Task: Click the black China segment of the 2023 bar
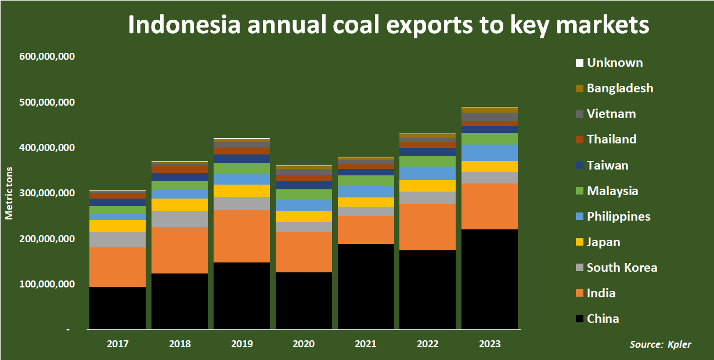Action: pos(489,279)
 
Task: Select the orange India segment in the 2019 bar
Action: pos(242,236)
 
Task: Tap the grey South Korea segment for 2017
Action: pos(117,239)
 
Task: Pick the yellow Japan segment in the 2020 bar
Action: pos(304,216)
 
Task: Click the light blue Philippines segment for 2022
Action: pos(427,173)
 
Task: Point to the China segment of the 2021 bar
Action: pos(366,286)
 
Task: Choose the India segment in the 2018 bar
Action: pos(179,250)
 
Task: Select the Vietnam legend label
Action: pos(612,114)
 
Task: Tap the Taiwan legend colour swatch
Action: pos(579,166)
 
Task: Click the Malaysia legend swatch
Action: pos(579,192)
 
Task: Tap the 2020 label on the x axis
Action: pos(304,344)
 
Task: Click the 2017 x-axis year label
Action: pos(117,344)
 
